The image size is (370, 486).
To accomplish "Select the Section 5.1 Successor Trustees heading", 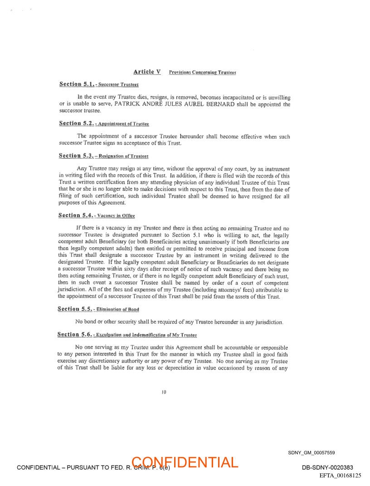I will [x=99, y=84].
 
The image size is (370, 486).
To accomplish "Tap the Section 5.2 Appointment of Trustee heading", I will [x=104, y=124].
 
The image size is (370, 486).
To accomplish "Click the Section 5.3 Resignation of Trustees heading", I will [x=104, y=156].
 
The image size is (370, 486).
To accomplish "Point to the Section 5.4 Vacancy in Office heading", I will [x=97, y=216].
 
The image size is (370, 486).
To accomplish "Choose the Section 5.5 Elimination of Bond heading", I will [x=98, y=309].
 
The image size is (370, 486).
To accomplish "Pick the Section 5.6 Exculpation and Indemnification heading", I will [x=127, y=335].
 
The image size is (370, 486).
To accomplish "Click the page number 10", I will [x=164, y=392].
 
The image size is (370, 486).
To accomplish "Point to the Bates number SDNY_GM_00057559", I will [x=311, y=452].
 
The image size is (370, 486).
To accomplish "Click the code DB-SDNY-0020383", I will [x=327, y=467].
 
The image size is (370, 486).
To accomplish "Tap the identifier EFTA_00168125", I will [x=340, y=476].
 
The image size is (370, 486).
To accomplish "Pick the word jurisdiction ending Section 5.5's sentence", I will [x=269, y=322].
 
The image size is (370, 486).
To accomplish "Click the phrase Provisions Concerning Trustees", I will [x=202, y=72].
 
